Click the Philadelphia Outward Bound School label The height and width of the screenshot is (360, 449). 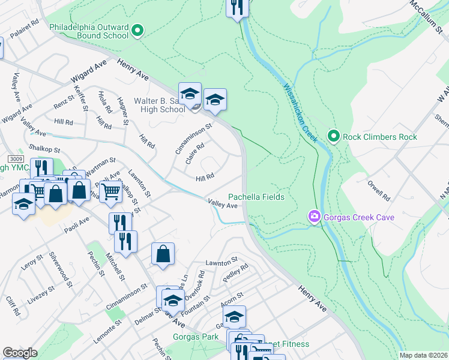point(89,31)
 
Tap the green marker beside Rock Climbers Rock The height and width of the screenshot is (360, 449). point(334,136)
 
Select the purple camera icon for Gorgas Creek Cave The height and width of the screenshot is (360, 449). point(313,217)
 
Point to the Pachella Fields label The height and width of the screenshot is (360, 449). point(256,197)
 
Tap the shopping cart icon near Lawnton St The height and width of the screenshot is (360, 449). point(110,192)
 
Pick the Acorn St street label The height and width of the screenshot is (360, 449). point(231,295)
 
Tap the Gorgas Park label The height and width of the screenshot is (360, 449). point(196,337)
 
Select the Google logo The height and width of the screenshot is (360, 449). point(20,353)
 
